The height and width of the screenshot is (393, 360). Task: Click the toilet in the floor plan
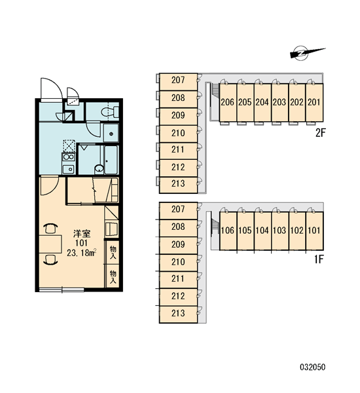tap(111, 112)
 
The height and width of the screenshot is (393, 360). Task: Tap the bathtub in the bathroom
tap(111, 160)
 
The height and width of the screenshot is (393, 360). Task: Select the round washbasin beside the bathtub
tap(99, 169)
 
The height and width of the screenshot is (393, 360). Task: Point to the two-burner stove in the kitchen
tap(68, 157)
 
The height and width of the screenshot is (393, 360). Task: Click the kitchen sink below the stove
tap(68, 169)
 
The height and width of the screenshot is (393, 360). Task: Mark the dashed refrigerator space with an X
tap(69, 145)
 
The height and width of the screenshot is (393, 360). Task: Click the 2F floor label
tap(320, 133)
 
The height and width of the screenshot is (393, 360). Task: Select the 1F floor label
tap(319, 259)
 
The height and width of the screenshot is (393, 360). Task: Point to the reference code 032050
tap(313, 367)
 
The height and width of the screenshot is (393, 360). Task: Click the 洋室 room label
tap(82, 234)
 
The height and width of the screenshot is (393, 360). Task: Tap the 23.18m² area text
tap(82, 253)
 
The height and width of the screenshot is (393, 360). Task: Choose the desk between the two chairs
tap(50, 244)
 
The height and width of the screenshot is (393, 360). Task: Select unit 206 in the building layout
tap(228, 103)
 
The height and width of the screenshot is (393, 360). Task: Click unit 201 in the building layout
tap(314, 103)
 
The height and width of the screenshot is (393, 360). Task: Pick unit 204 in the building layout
tap(262, 103)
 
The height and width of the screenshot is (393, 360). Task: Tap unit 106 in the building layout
tap(228, 231)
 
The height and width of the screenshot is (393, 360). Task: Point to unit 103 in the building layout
tap(279, 231)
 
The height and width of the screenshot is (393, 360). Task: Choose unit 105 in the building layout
tap(245, 231)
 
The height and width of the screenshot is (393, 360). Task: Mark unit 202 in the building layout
tap(297, 103)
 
